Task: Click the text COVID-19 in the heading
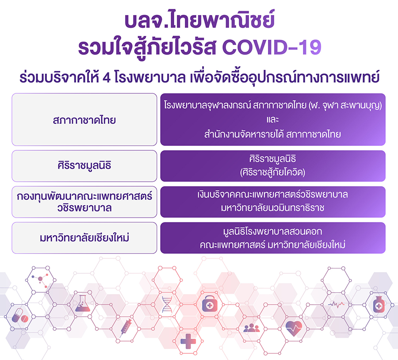272,47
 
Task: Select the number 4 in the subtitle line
107,77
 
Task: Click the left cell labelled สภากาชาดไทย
84,119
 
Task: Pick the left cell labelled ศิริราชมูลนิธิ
84,166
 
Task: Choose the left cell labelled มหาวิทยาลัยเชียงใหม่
84,238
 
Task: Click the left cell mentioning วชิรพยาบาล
84,202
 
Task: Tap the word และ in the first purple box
273,119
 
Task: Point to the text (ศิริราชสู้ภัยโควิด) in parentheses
272,172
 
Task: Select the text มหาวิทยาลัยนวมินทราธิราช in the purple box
272,208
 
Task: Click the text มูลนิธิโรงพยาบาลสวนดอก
272,232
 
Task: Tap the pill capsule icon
20,316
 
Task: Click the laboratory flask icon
83,303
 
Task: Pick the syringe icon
126,328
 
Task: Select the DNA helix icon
167,304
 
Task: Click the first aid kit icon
210,304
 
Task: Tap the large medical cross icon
188,341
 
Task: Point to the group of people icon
252,328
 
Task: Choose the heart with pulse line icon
294,328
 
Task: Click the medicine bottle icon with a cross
379,304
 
